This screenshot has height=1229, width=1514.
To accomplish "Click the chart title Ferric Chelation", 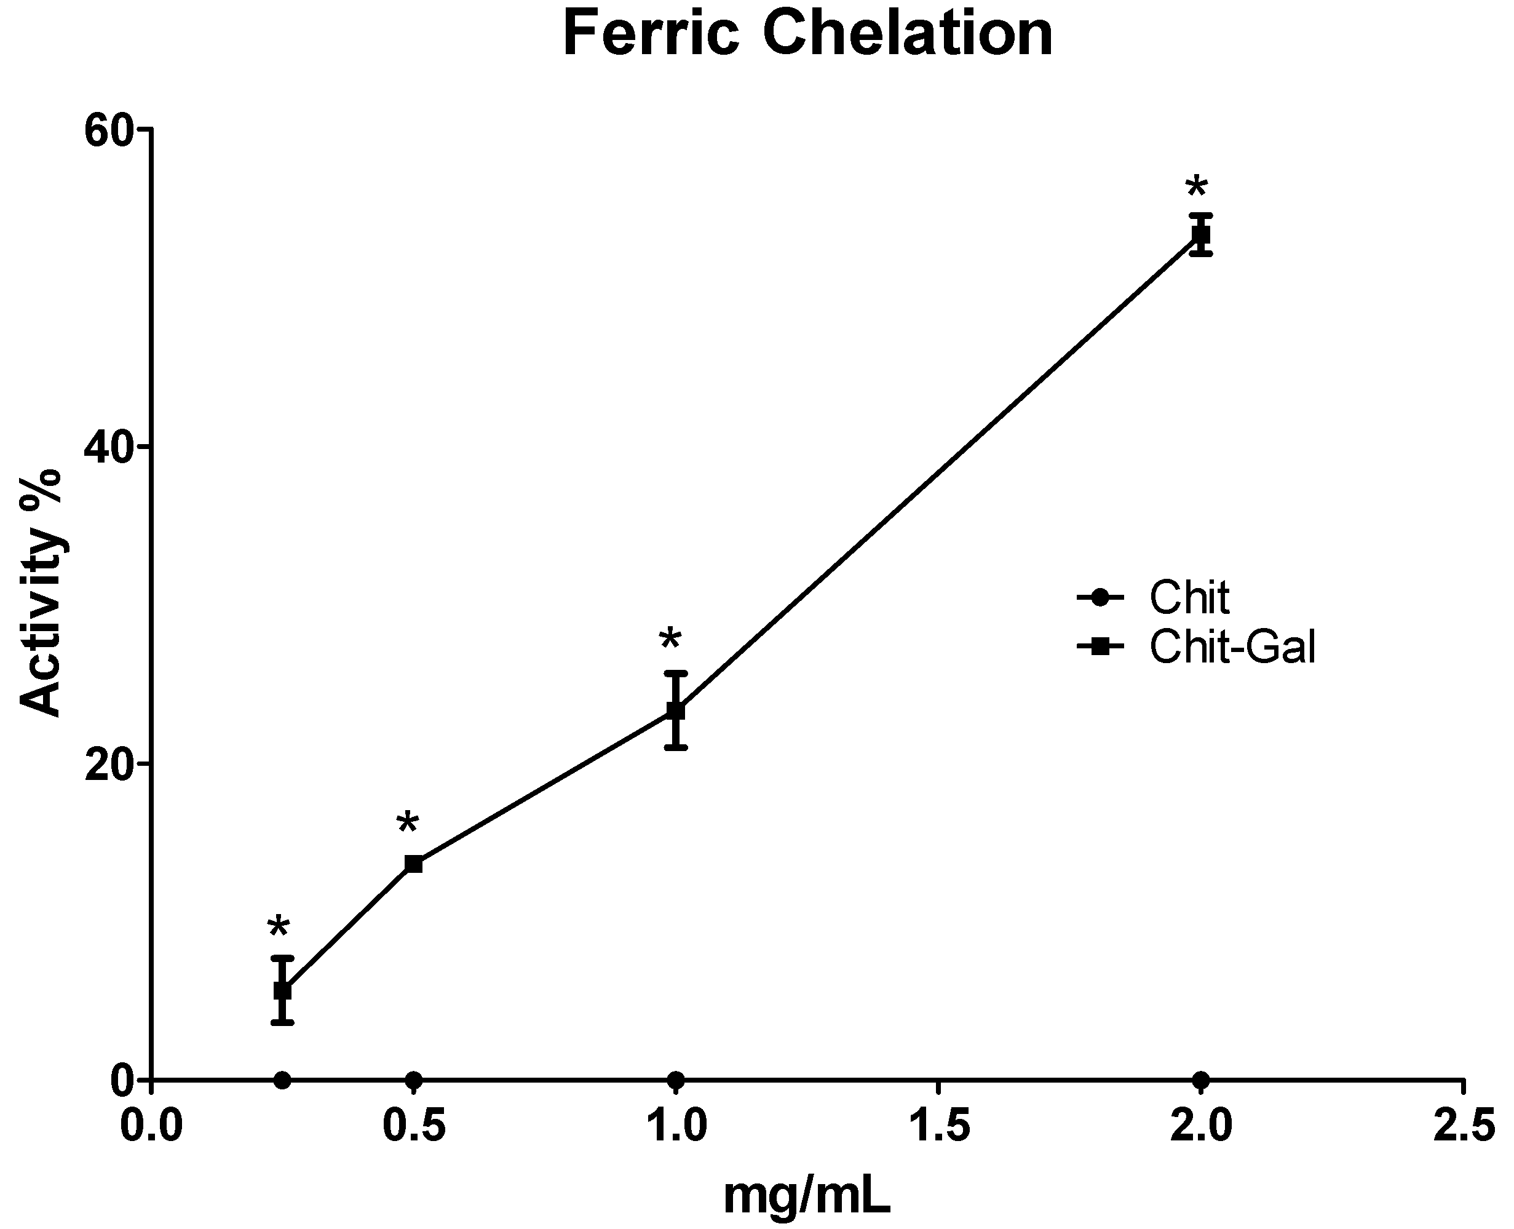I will point(807,36).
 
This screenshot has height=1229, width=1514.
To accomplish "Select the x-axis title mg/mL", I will point(807,1196).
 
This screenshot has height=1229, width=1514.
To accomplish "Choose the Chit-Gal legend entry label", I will point(1232,646).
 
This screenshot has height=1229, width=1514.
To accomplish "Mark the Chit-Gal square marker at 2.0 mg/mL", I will point(1201,234).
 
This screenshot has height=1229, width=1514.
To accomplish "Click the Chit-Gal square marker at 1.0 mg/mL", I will point(676,709).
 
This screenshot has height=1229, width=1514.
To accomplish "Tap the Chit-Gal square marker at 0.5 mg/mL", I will point(413,864).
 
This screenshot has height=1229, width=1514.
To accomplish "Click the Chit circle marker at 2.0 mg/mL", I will point(1201,1080).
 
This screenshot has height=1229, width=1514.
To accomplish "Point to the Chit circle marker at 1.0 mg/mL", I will point(676,1080).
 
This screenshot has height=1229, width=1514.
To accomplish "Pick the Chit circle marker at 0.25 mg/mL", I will point(282,1080).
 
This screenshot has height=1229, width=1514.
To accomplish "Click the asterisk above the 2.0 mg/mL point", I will point(1196,189).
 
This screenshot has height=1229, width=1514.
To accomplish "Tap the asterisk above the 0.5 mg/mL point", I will point(408,824).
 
